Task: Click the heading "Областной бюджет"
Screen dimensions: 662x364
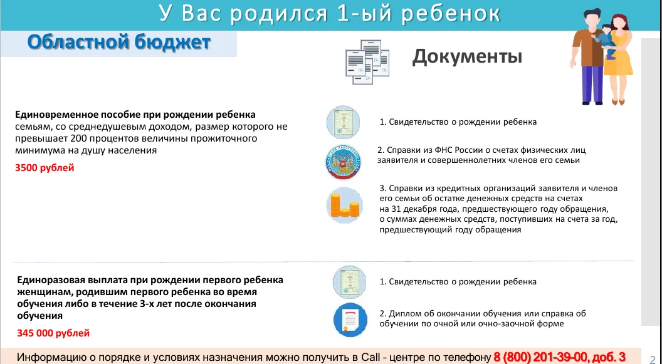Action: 118,43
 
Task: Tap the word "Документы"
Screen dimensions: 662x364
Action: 467,57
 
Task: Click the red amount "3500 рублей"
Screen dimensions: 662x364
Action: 45,168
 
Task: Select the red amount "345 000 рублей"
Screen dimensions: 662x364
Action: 53,333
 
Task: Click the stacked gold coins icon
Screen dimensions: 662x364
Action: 345,205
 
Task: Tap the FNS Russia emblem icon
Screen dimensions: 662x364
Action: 344,162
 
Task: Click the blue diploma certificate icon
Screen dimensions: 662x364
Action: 350,320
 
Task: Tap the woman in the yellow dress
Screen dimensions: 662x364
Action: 618,59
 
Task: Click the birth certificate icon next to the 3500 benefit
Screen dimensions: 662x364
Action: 344,122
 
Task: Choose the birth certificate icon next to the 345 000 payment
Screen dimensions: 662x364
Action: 350,282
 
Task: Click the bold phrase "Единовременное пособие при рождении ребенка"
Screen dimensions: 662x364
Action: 135,115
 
